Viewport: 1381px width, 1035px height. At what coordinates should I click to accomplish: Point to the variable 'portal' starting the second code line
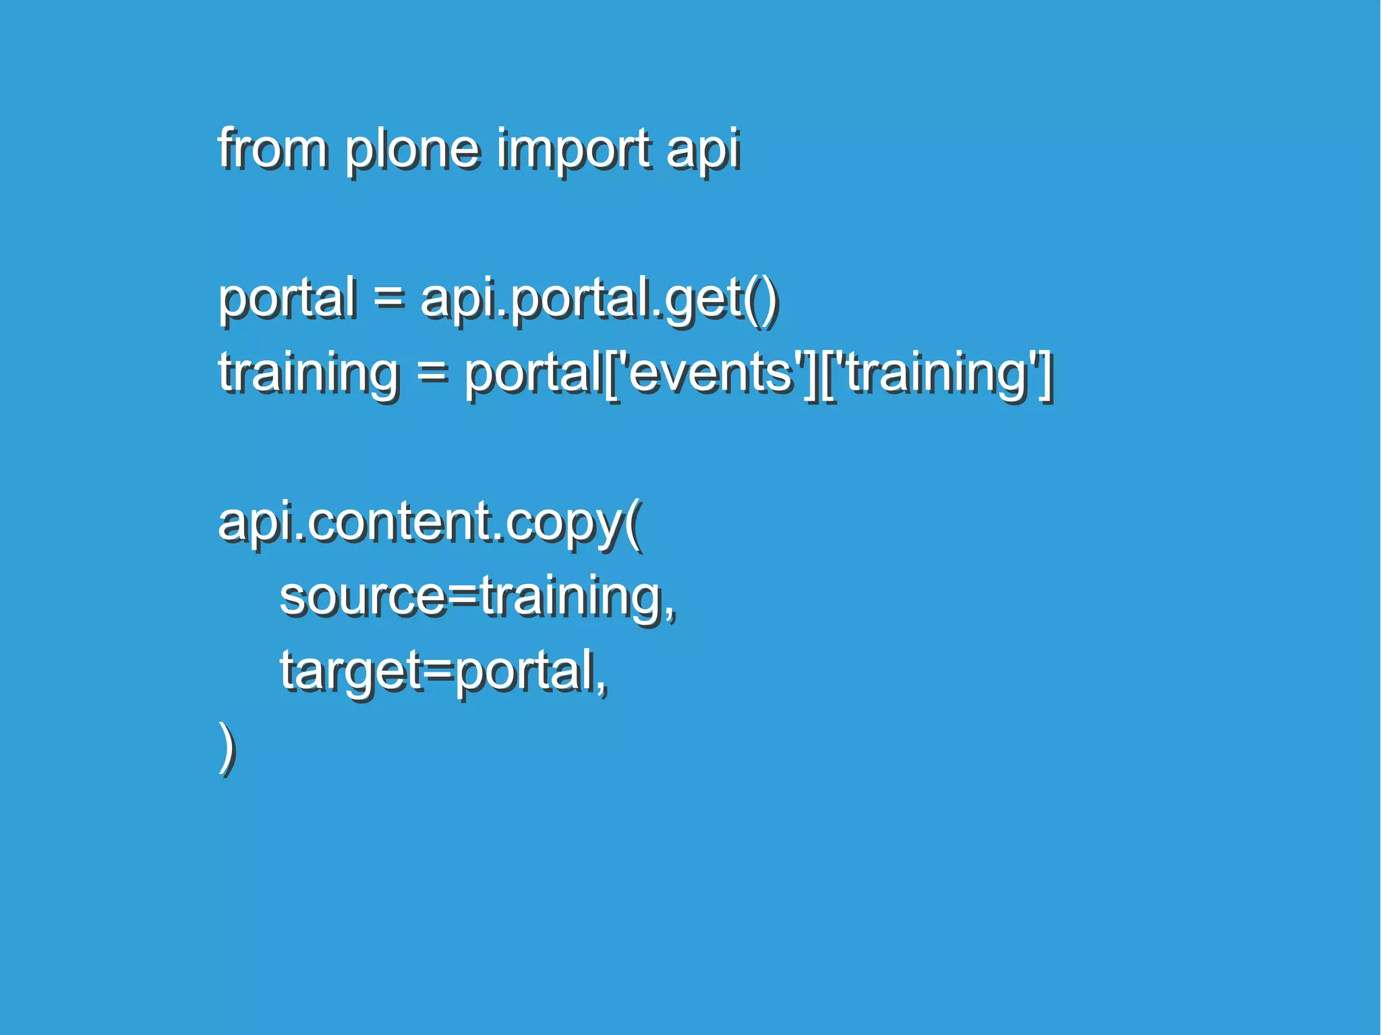click(x=287, y=298)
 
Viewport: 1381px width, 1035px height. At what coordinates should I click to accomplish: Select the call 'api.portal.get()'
click(x=599, y=299)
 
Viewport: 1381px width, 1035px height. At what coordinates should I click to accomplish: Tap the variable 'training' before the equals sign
click(x=309, y=374)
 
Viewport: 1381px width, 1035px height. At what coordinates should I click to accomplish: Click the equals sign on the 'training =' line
click(x=432, y=372)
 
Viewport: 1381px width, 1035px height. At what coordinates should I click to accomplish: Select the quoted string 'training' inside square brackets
click(x=937, y=374)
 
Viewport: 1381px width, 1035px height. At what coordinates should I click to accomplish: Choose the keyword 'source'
click(x=363, y=597)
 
